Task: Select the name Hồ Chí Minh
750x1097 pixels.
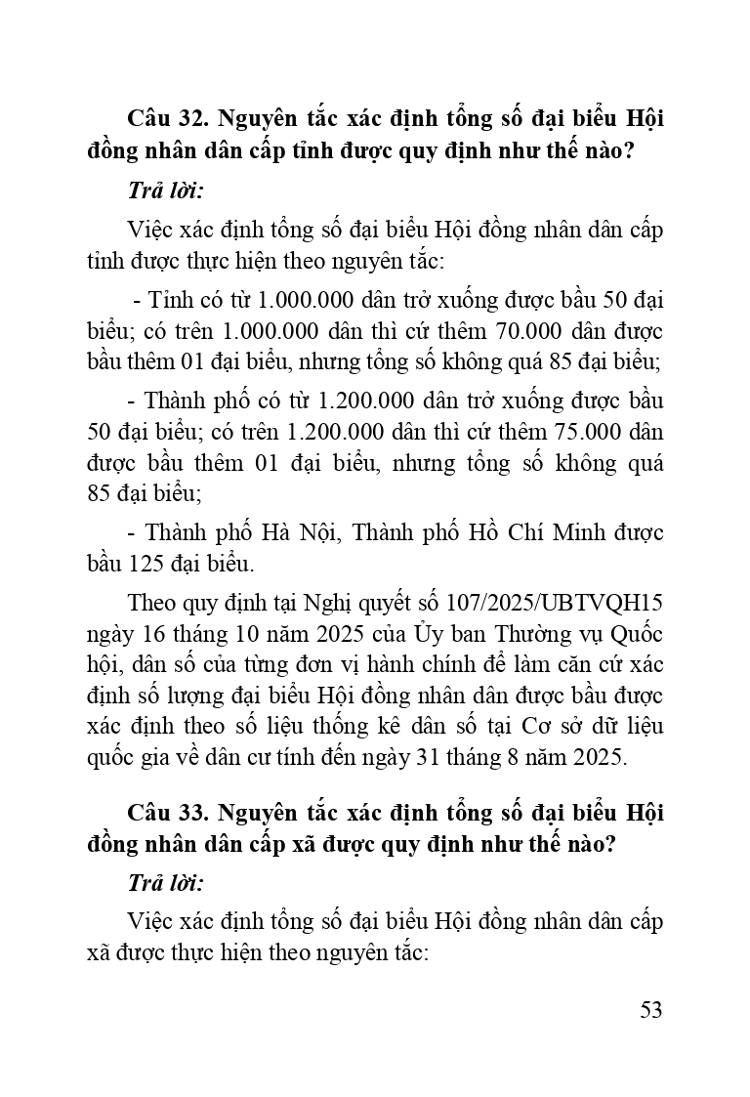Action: [x=527, y=532]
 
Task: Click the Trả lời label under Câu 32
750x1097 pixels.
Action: [x=165, y=191]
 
